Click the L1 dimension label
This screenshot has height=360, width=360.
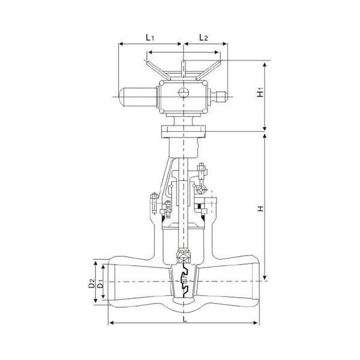click(149, 37)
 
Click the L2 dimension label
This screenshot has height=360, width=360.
click(203, 37)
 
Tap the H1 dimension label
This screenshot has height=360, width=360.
click(260, 92)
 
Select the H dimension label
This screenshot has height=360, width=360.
click(260, 208)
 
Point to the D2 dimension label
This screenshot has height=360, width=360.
click(91, 283)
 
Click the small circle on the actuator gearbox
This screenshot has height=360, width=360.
click(184, 92)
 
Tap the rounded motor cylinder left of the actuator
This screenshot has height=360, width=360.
click(138, 97)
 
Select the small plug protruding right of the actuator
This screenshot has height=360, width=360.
click(218, 97)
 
